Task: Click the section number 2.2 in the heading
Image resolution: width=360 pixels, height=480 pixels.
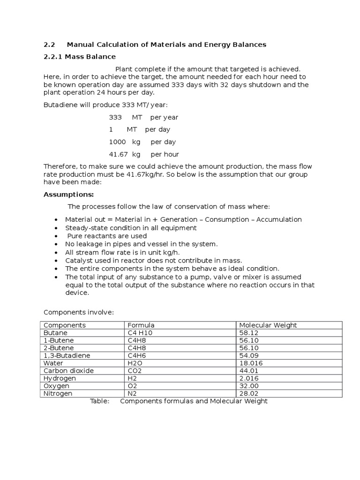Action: point(49,45)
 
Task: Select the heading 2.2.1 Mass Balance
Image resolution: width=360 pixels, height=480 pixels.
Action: point(80,57)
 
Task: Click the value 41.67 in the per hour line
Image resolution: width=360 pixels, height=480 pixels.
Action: point(118,154)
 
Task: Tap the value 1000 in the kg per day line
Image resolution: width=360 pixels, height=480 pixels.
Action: point(117,142)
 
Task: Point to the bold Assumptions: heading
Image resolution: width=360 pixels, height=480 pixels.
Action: point(69,195)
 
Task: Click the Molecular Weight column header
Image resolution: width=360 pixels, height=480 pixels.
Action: point(268,325)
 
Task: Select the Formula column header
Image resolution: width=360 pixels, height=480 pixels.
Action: point(141,325)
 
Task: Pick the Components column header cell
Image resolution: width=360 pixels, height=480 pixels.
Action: point(65,325)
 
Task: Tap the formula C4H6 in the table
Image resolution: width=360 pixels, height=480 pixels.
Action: point(136,355)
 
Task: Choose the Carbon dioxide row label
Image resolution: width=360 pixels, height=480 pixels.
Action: point(68,371)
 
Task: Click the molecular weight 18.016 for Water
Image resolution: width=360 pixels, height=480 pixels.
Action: point(251,363)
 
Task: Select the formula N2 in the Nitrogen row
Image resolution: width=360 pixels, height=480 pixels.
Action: point(132,394)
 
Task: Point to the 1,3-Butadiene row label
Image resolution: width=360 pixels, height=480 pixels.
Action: point(67,355)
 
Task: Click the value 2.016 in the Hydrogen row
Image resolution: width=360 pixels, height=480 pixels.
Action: point(249,378)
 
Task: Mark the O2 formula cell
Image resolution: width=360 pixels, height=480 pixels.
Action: point(132,386)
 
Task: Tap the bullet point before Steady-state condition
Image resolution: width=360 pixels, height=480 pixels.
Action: point(56,228)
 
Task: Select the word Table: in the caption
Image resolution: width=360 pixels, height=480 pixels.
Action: point(99,401)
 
